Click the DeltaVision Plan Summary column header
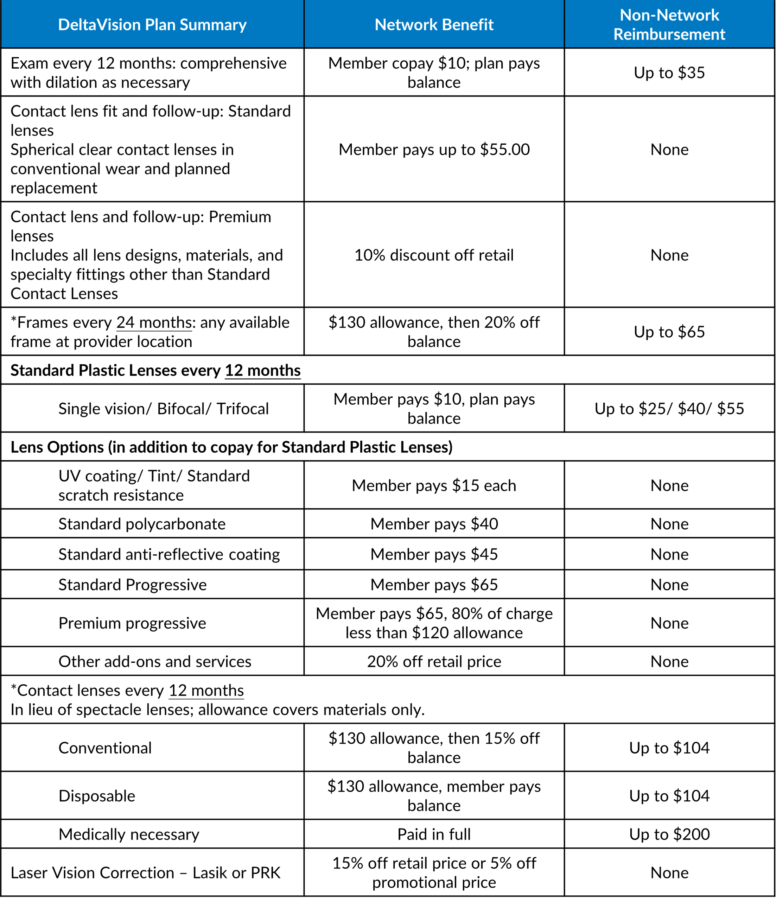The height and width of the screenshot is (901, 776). click(152, 25)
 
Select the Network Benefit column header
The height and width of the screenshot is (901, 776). click(434, 25)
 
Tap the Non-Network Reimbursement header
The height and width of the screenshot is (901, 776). click(669, 25)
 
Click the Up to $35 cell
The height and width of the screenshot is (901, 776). click(669, 73)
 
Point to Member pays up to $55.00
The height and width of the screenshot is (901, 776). click(434, 150)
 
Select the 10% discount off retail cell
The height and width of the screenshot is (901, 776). click(434, 255)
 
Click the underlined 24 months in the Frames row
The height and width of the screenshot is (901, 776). click(154, 323)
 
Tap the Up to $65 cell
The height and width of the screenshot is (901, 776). click(669, 332)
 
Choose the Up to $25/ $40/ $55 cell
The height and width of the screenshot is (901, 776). click(669, 409)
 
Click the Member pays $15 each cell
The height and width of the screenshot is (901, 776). click(434, 486)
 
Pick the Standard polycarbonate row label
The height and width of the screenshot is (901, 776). click(142, 524)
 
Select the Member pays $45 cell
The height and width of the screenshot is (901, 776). click(434, 554)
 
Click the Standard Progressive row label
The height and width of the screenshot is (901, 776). click(132, 585)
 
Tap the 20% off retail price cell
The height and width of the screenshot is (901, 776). click(434, 661)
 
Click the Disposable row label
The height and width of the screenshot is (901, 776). click(96, 796)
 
